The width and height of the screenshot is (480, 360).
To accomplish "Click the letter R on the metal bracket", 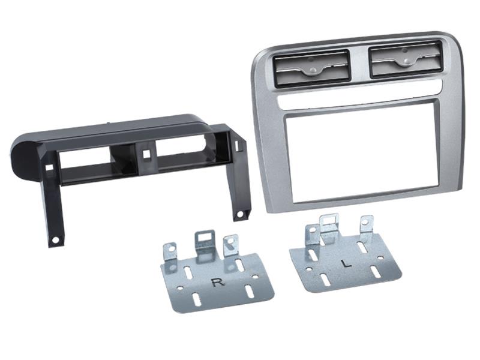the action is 218,282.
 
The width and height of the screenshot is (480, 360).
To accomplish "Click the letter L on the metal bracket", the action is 347,263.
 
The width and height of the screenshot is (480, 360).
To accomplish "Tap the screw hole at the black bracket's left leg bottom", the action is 55,240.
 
